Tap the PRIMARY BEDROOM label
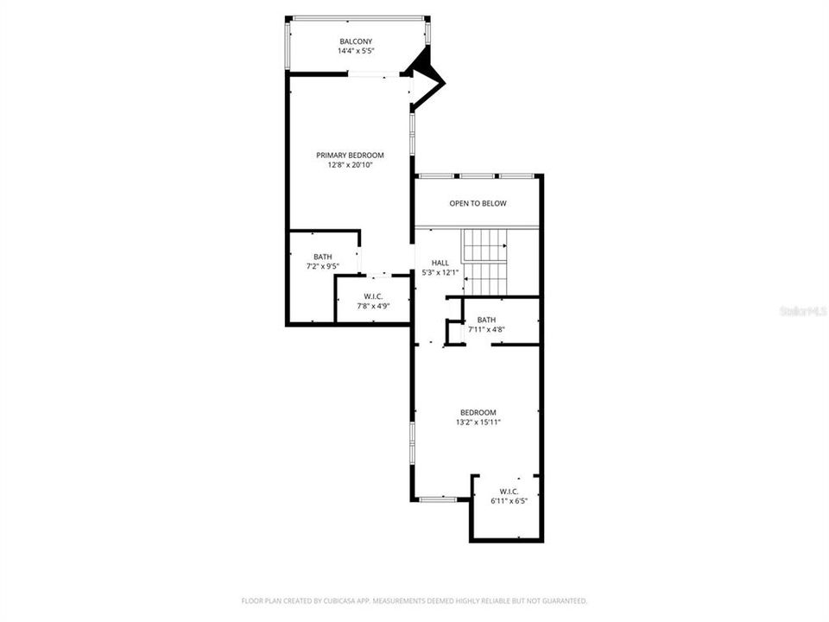350,155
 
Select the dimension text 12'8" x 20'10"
350,165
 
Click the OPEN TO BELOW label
478,204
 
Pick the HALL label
440,263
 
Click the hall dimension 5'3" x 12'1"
440,272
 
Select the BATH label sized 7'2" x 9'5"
323,257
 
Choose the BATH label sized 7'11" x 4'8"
486,320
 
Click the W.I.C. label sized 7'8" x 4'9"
373,296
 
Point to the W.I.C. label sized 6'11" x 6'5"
508,492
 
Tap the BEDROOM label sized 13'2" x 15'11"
478,412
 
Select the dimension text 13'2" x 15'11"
478,422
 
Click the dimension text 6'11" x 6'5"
508,501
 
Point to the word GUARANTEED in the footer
563,600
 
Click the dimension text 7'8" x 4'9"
373,306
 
